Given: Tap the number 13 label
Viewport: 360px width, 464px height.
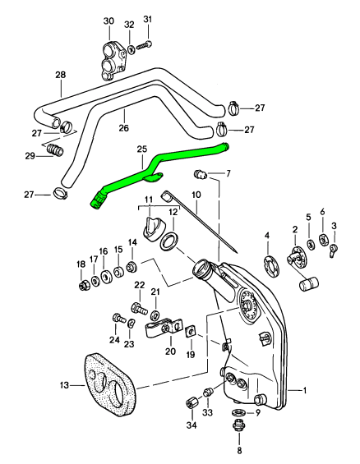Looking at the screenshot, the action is (x=64, y=385).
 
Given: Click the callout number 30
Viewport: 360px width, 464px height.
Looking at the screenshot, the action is (x=108, y=21).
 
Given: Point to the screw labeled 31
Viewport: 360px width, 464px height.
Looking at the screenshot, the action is (x=144, y=45).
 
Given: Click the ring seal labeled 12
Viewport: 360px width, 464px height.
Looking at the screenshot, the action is (x=168, y=241).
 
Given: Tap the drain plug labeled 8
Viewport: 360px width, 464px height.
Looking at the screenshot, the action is (x=238, y=426).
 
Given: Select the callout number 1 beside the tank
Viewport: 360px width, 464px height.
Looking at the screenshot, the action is (x=304, y=391).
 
